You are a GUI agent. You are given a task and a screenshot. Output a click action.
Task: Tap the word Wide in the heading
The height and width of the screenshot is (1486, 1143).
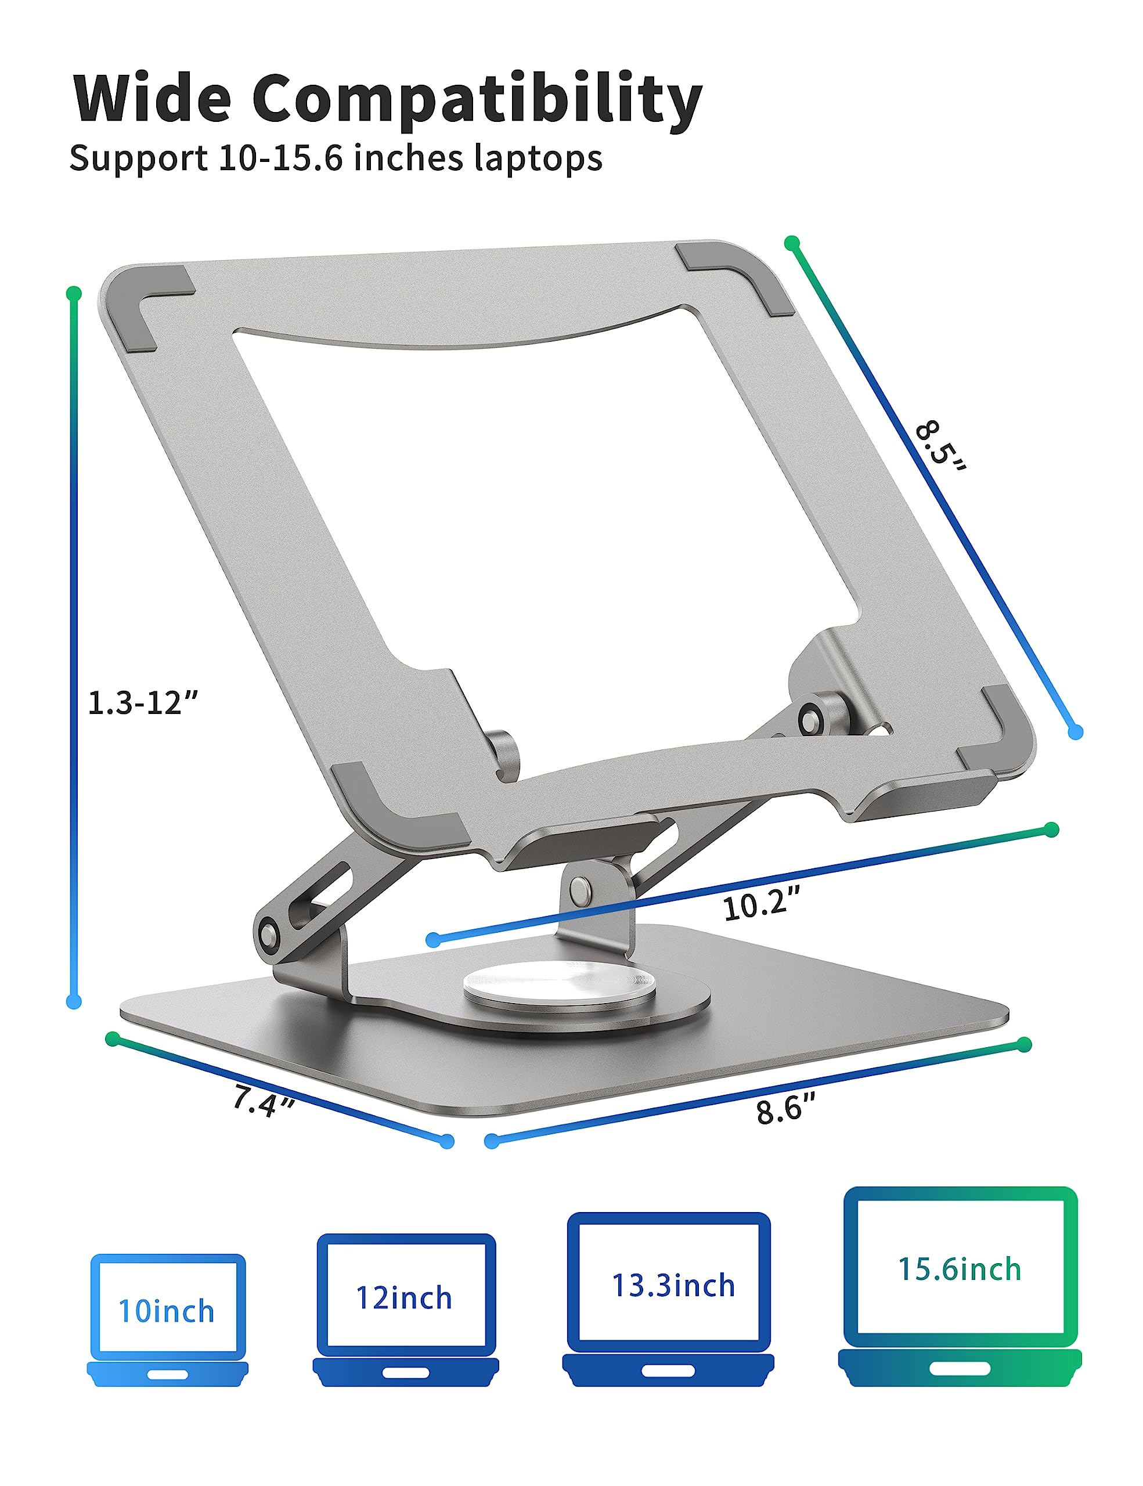click(153, 99)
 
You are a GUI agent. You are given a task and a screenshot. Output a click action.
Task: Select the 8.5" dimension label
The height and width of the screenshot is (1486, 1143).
click(940, 446)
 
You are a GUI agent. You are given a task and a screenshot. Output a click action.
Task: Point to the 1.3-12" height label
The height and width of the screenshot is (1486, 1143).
click(143, 703)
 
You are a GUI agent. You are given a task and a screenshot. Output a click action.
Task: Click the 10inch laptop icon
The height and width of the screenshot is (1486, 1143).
click(167, 1320)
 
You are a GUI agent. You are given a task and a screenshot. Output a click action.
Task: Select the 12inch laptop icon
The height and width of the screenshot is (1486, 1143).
click(406, 1310)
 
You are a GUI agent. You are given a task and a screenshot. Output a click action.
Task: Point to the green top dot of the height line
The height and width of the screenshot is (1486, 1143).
click(74, 294)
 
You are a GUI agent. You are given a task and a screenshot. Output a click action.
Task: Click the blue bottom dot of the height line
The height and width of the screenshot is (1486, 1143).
click(74, 1001)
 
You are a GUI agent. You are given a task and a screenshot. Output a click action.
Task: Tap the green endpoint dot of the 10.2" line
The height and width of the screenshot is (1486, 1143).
click(1051, 829)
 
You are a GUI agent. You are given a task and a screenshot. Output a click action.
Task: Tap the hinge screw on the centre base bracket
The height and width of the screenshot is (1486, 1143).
click(580, 887)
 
